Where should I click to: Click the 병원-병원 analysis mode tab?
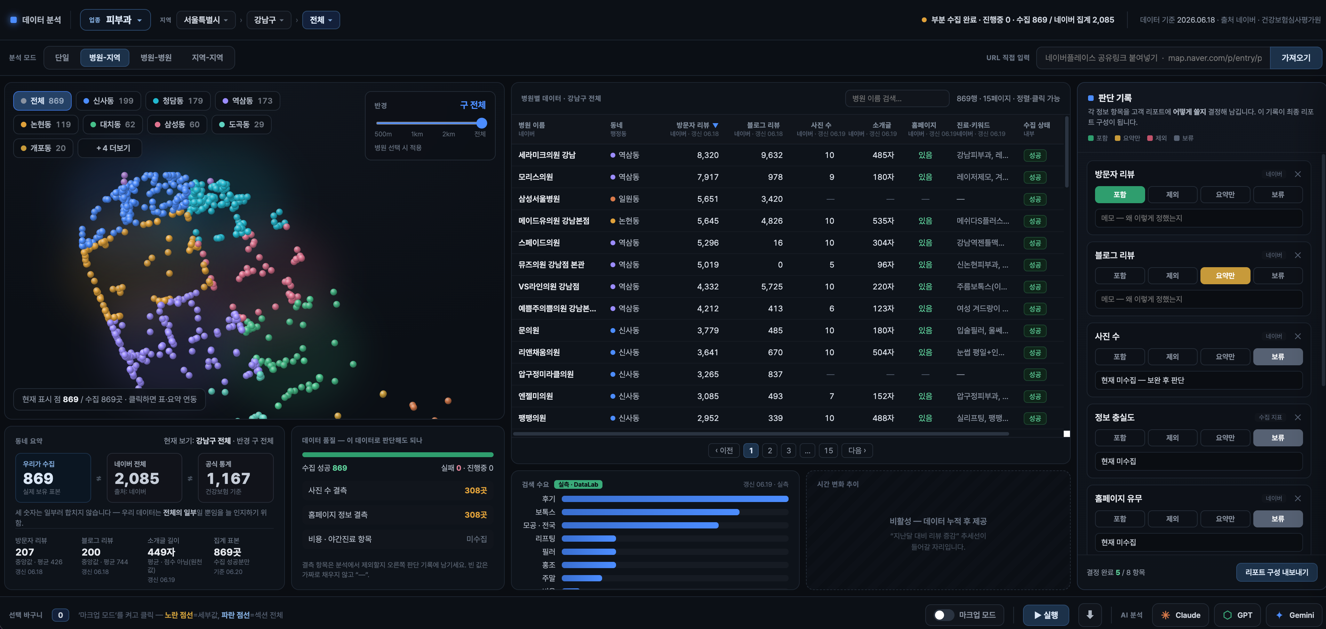tap(156, 58)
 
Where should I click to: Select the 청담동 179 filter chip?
tap(178, 101)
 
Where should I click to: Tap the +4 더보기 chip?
tap(110, 148)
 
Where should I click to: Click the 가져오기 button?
tap(1296, 58)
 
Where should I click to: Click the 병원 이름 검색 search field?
tap(897, 98)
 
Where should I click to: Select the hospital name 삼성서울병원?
tap(539, 199)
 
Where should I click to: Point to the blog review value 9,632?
tap(772, 155)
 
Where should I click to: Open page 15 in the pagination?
tap(828, 451)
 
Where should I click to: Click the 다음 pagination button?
tap(857, 451)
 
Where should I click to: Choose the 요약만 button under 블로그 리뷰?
tap(1225, 276)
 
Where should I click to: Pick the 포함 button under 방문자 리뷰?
tap(1120, 194)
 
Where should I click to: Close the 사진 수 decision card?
tap(1298, 336)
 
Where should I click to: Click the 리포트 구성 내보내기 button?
tap(1277, 572)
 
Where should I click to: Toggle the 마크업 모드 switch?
tap(943, 615)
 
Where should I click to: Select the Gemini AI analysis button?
tap(1295, 615)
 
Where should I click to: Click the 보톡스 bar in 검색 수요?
tap(650, 512)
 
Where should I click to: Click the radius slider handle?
tap(481, 123)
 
